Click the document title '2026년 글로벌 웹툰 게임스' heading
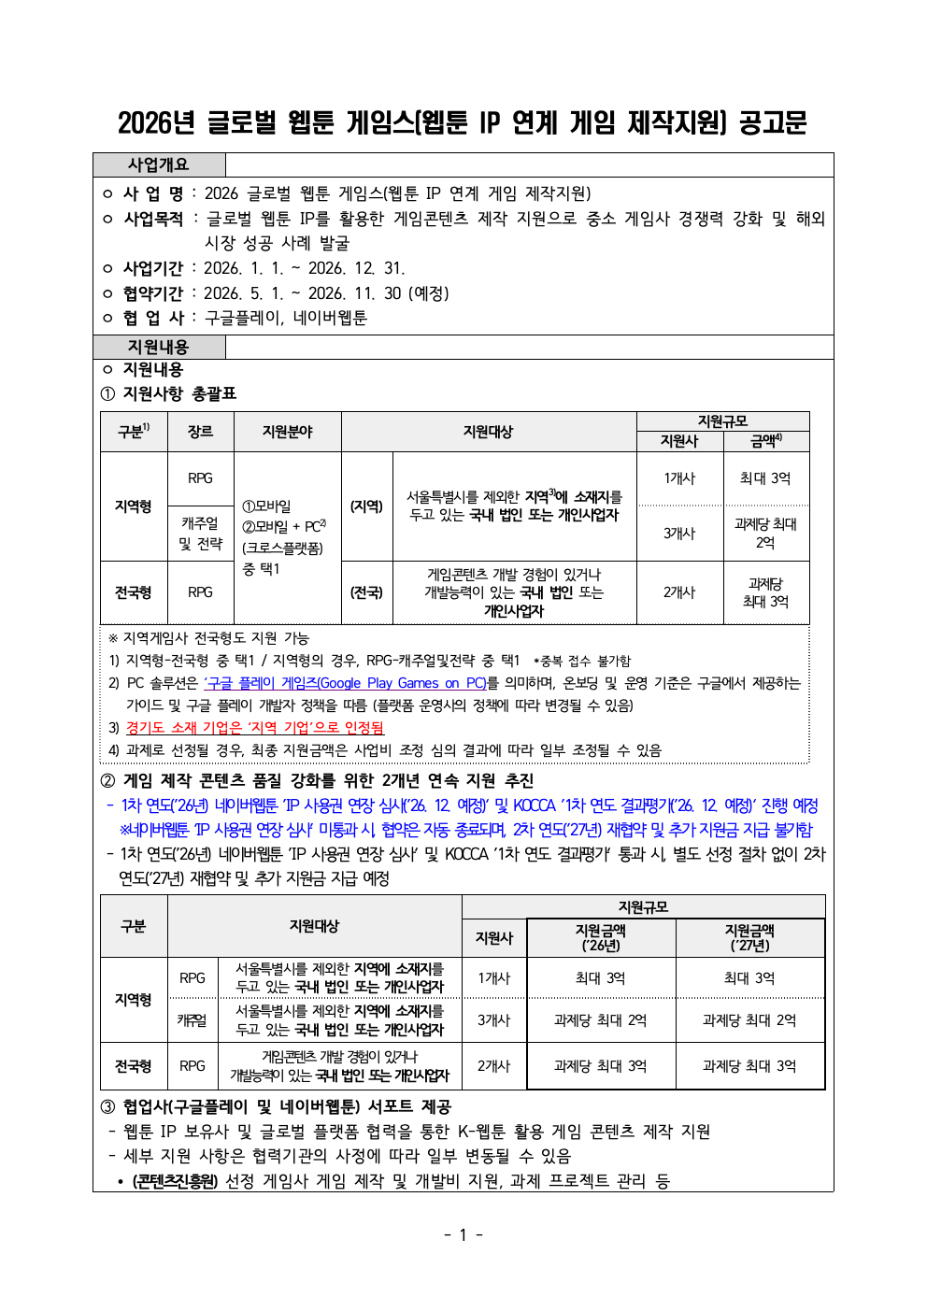(463, 122)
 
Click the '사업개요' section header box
(159, 164)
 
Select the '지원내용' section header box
(159, 347)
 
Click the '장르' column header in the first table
(200, 432)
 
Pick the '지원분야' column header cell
(287, 432)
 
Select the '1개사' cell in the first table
(679, 478)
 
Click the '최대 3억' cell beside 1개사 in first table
(765, 478)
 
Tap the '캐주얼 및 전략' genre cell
(200, 534)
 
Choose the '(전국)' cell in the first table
(366, 592)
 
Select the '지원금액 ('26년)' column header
(601, 937)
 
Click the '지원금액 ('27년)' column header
(749, 937)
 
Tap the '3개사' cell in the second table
(494, 1020)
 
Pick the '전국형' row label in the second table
(134, 1066)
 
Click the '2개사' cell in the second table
(494, 1066)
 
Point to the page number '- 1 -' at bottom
(463, 1235)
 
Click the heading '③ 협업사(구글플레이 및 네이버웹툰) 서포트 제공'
(277, 1107)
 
